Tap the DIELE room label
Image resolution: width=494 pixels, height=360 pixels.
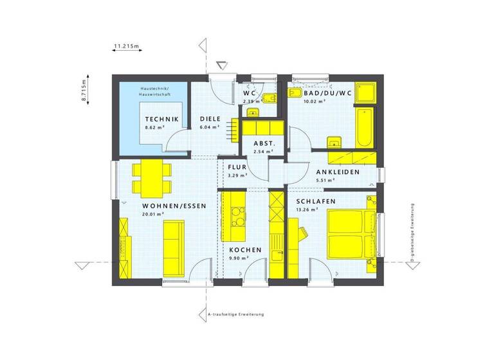tap(210, 119)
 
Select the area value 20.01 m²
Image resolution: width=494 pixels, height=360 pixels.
tap(154, 215)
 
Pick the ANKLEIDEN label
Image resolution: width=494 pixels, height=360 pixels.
tap(337, 172)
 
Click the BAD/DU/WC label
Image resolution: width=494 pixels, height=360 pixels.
tap(328, 93)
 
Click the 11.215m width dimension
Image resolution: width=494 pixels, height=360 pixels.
tap(127, 46)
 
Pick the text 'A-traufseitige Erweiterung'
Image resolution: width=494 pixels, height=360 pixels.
tap(236, 314)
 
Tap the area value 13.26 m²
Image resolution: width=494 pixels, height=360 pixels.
tap(309, 210)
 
